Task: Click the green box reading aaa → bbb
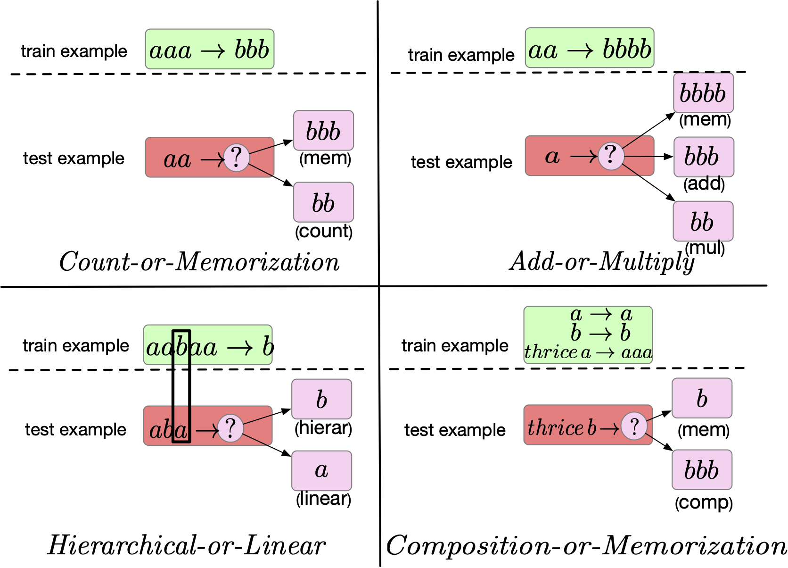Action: click(x=210, y=49)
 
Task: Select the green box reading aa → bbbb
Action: click(x=590, y=48)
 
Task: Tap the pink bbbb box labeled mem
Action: click(x=704, y=93)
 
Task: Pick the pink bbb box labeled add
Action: click(x=704, y=157)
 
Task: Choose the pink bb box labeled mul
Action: click(x=703, y=221)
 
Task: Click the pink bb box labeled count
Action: click(x=324, y=202)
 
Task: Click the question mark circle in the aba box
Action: click(x=230, y=428)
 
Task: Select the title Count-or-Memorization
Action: click(x=199, y=262)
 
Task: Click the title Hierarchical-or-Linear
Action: click(x=187, y=545)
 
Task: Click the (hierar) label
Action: click(x=323, y=428)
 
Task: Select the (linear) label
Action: click(x=324, y=499)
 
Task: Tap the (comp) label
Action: click(x=704, y=503)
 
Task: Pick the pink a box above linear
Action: click(x=321, y=471)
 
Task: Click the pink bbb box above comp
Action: click(x=702, y=470)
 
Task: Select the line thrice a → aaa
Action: click(x=588, y=352)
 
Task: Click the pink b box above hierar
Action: click(x=321, y=399)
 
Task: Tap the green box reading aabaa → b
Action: click(x=208, y=345)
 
